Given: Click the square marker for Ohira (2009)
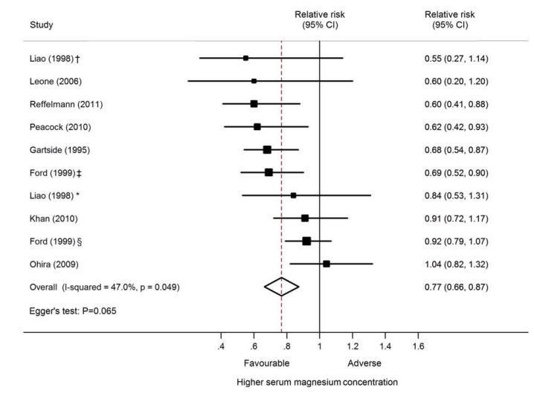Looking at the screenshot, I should click(326, 264).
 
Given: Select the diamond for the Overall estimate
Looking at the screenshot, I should click(282, 287).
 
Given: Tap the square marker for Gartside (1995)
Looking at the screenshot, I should click(267, 149).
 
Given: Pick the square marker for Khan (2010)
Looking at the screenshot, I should click(305, 218).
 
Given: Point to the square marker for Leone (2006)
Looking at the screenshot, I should click(254, 80).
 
